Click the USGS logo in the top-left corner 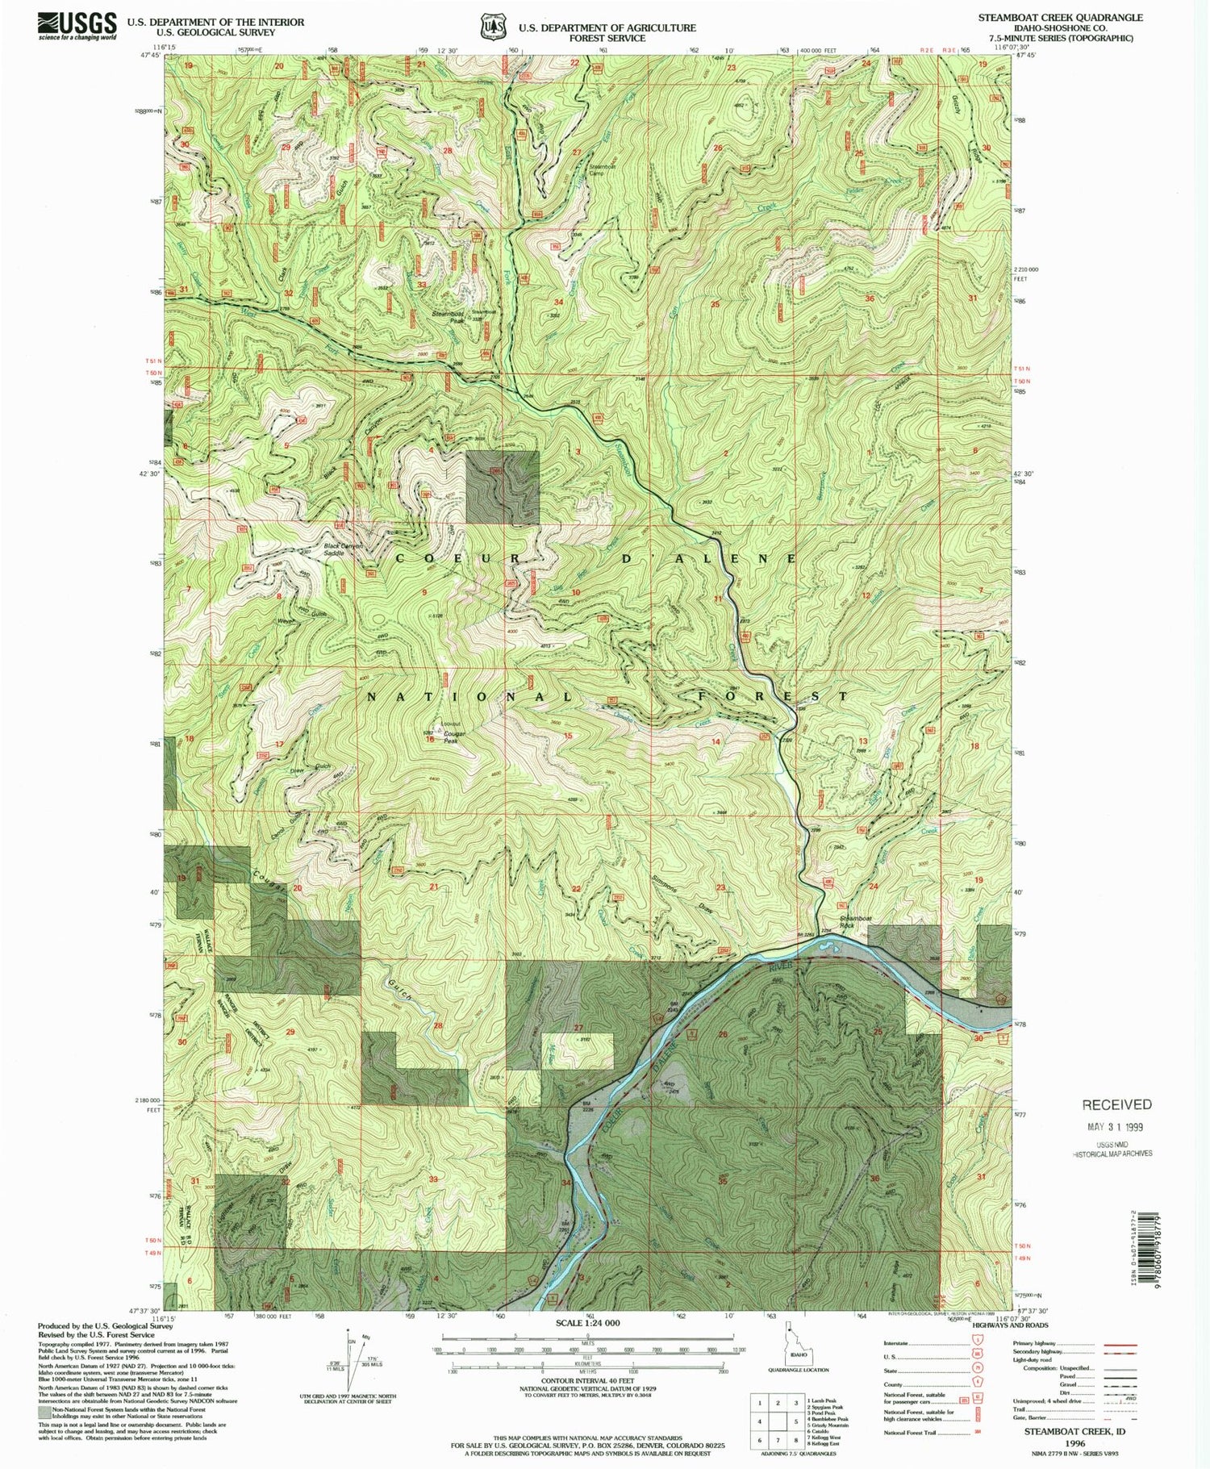click(76, 27)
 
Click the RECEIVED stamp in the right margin click(1116, 1104)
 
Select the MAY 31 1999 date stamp click(1117, 1127)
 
